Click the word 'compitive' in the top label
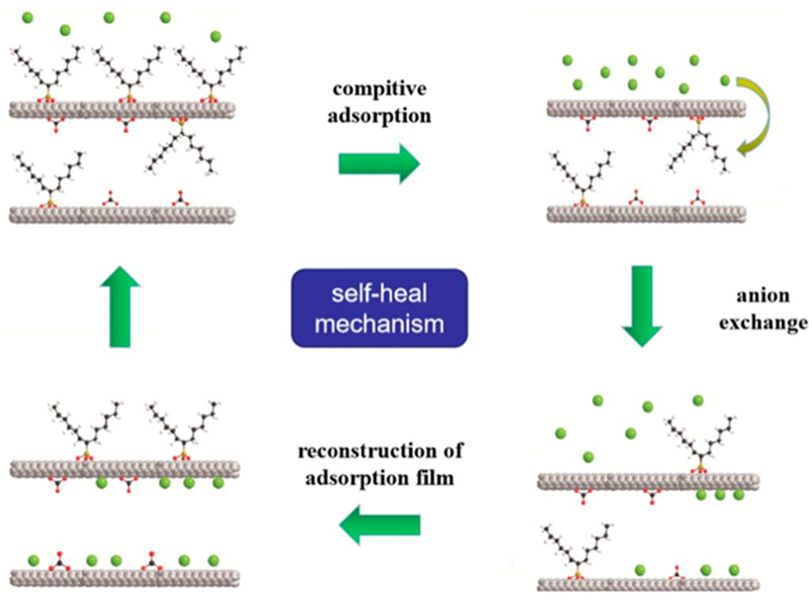tap(379, 89)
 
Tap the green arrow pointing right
tap(379, 164)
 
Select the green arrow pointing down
tap(641, 306)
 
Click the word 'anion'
tap(763, 296)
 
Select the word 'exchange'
tap(763, 322)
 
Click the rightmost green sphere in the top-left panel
tap(215, 36)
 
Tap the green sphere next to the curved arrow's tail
tap(725, 80)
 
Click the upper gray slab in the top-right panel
tap(646, 109)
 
